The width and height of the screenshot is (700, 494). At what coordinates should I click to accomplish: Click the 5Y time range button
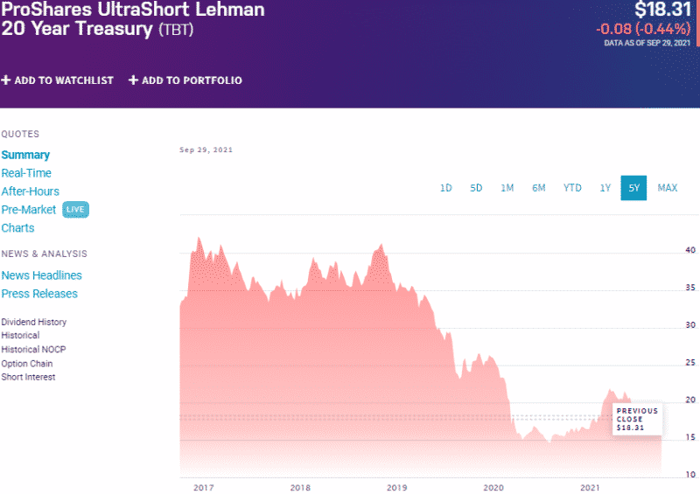[633, 188]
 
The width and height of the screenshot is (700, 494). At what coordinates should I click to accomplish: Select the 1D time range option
[445, 188]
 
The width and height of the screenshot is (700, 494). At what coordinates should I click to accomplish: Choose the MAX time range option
[668, 188]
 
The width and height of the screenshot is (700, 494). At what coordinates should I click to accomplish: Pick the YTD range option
[572, 188]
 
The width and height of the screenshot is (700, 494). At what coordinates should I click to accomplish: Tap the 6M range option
[539, 188]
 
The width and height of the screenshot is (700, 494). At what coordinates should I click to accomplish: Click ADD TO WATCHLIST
[58, 80]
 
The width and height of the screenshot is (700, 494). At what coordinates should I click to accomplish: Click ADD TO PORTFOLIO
[185, 80]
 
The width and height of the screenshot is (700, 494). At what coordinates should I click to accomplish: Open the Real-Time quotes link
[26, 173]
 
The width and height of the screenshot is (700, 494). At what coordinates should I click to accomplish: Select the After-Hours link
[31, 191]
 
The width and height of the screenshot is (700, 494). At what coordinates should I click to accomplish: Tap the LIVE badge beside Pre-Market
[76, 210]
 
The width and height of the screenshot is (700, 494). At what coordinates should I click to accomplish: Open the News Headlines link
[42, 275]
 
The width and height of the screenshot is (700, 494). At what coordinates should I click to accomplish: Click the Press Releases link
[39, 294]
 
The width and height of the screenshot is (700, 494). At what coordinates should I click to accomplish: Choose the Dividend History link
[34, 322]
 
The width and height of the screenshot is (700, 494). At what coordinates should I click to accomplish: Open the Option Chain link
[27, 364]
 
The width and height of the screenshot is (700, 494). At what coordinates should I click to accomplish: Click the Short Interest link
[29, 377]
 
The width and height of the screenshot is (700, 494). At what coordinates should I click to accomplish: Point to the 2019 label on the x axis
[397, 487]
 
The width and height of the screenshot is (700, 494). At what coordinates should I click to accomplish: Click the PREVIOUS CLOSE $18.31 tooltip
[636, 419]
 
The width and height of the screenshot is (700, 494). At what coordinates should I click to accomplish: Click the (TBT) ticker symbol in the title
[176, 30]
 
